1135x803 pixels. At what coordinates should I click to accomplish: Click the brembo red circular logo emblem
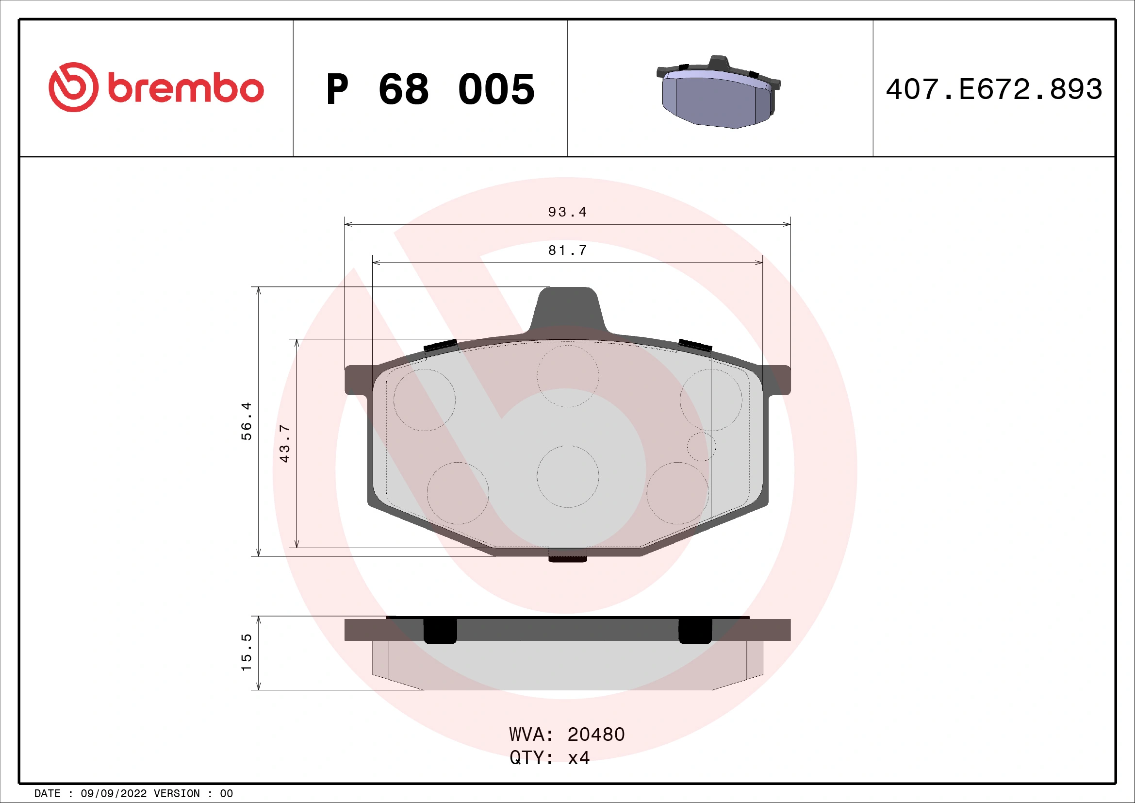tap(73, 87)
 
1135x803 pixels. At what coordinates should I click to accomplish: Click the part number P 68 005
tap(430, 89)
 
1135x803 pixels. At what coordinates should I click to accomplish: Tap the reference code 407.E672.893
tap(994, 89)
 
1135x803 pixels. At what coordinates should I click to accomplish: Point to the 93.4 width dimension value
tap(567, 212)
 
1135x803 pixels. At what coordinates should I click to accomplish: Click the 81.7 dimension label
tap(567, 251)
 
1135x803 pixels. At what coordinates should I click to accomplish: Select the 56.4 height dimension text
tap(246, 421)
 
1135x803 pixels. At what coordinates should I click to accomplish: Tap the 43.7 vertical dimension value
tap(285, 443)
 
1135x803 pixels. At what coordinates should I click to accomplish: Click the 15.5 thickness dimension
tap(246, 652)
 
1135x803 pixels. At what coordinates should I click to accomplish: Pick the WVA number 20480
tap(596, 735)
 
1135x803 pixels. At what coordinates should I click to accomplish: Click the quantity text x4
tap(578, 758)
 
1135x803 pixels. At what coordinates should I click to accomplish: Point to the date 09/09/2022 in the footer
tap(113, 794)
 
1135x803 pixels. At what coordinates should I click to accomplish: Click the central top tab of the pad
tap(568, 309)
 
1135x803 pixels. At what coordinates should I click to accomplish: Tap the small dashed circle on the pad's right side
tap(701, 447)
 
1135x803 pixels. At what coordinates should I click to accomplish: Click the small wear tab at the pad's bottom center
tap(568, 558)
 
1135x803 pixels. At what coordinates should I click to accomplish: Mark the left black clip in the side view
tap(440, 631)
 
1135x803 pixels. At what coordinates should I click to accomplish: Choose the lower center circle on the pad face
tap(568, 476)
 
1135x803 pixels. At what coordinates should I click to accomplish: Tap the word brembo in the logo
tap(185, 89)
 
